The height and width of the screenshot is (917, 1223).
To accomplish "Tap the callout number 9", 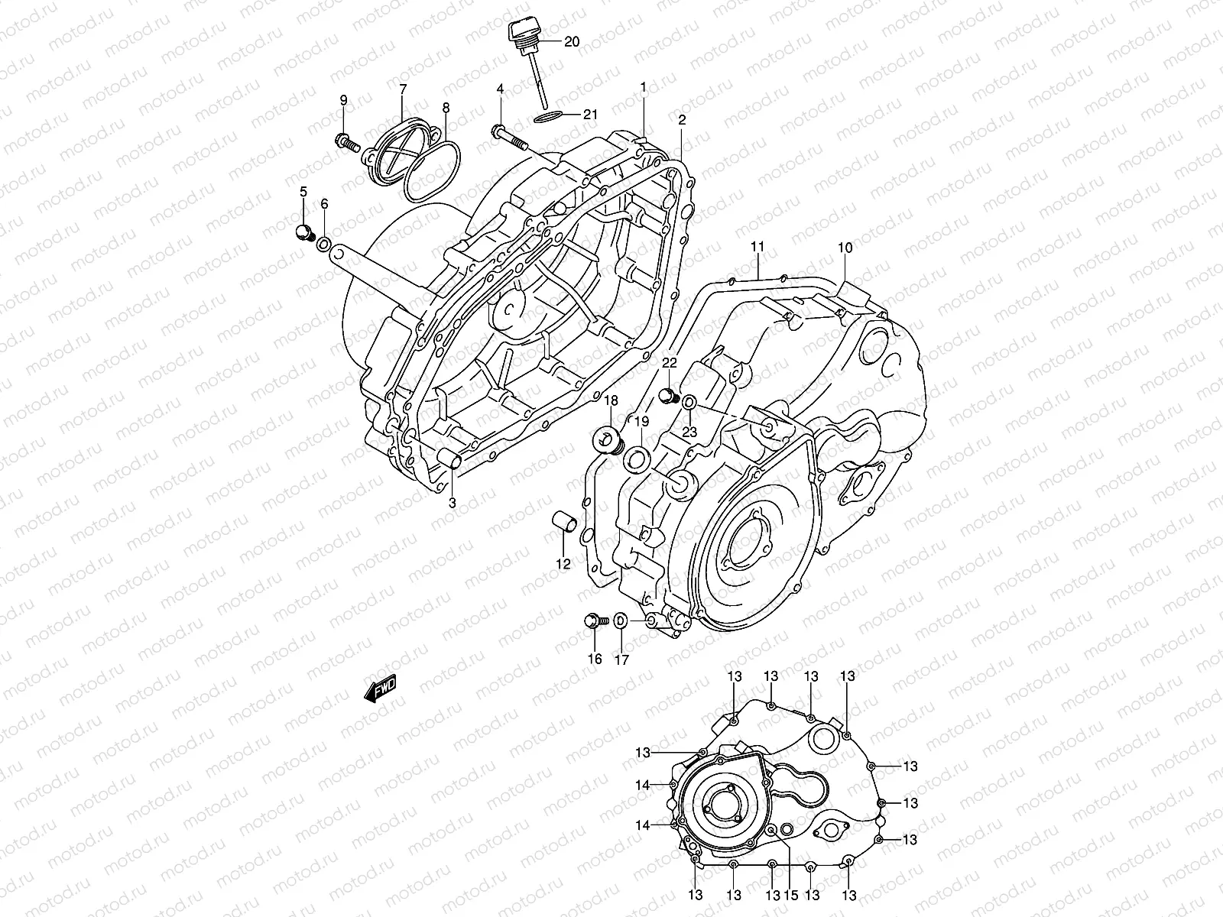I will click(x=343, y=100).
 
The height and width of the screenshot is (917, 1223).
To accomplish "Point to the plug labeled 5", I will click(x=303, y=232).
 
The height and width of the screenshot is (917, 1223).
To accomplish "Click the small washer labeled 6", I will click(x=324, y=245).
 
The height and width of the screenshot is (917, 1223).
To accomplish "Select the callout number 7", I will click(x=403, y=89).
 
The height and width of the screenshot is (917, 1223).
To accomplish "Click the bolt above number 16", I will click(x=594, y=623).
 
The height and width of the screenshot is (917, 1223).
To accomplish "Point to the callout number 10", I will click(x=845, y=248).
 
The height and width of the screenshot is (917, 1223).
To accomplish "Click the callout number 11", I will click(x=757, y=247).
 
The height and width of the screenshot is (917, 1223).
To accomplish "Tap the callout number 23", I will click(x=689, y=432).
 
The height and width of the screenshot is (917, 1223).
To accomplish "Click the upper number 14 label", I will click(x=642, y=785).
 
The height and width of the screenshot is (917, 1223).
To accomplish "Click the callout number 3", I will click(x=452, y=503).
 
